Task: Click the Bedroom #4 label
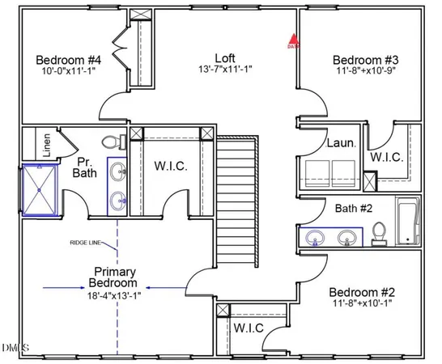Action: point(68,60)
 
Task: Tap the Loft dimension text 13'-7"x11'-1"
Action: point(225,70)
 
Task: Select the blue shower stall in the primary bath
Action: point(41,191)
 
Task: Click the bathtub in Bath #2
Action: point(406,222)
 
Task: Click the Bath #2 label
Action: point(354,209)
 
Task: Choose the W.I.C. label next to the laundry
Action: point(386,157)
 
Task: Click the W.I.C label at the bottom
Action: point(251,328)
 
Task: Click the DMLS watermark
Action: point(15,349)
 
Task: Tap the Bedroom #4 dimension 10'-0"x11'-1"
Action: point(68,72)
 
